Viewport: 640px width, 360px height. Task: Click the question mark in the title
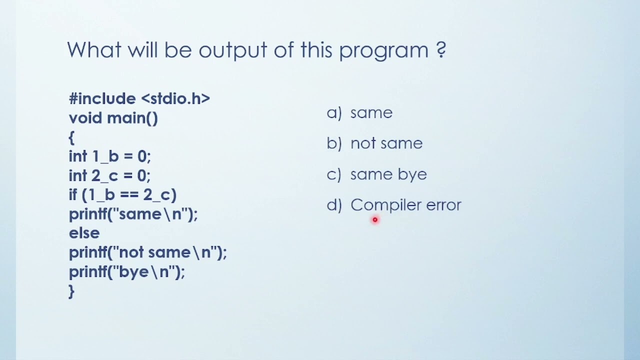click(x=440, y=50)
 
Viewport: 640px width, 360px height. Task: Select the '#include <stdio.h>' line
click(x=139, y=98)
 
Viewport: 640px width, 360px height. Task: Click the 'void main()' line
click(x=113, y=118)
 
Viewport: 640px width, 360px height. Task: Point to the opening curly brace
click(x=71, y=137)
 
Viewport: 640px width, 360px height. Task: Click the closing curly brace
click(x=71, y=291)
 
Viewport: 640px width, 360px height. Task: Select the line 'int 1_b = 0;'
click(x=109, y=156)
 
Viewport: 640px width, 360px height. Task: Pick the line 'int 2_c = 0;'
click(x=109, y=175)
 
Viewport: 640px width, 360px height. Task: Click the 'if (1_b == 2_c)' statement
click(x=122, y=194)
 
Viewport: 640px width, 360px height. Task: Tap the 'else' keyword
click(x=84, y=233)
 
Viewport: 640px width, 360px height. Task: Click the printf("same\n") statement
click(x=133, y=214)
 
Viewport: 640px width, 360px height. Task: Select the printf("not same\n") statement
click(x=147, y=252)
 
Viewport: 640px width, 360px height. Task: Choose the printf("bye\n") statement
click(x=126, y=272)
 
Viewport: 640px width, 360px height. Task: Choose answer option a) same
click(x=360, y=113)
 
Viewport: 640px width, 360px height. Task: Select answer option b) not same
click(x=374, y=143)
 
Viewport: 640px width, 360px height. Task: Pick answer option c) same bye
click(x=377, y=174)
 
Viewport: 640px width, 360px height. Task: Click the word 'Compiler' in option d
click(x=385, y=205)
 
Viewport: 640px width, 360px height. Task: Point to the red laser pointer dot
click(x=375, y=219)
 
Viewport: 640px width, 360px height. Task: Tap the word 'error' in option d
click(x=443, y=205)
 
